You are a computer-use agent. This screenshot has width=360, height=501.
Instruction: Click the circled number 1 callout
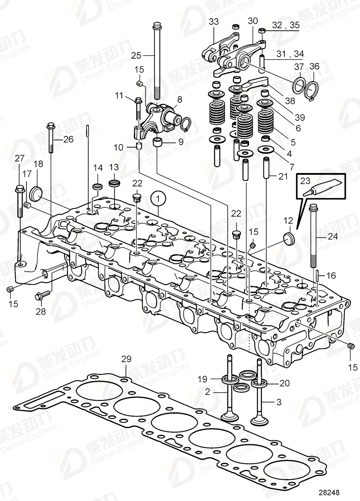[159, 198]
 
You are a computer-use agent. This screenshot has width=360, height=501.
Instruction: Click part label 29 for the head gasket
[126, 359]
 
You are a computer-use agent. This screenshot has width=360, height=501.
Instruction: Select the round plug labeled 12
[289, 238]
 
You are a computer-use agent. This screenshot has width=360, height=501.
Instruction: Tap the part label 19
[202, 379]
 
